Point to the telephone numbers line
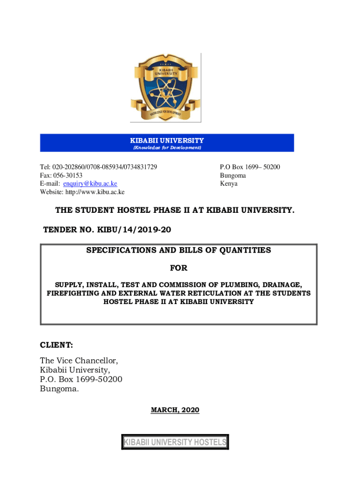pyautogui.click(x=98, y=167)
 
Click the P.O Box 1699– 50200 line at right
pyautogui.click(x=250, y=167)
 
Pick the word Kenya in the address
pyautogui.click(x=229, y=184)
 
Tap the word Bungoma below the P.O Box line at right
pyautogui.click(x=233, y=175)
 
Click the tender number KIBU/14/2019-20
pyautogui.click(x=136, y=230)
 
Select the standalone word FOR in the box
pyautogui.click(x=178, y=268)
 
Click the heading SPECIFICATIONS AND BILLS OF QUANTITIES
pyautogui.click(x=178, y=250)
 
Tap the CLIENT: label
pyautogui.click(x=57, y=346)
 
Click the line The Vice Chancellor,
pyautogui.click(x=79, y=361)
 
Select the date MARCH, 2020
pyautogui.click(x=175, y=410)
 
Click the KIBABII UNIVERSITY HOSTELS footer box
pyautogui.click(x=175, y=442)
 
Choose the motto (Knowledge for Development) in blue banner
pyautogui.click(x=167, y=148)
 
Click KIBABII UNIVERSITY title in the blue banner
pyautogui.click(x=167, y=140)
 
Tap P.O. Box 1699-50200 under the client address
pyautogui.click(x=81, y=379)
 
